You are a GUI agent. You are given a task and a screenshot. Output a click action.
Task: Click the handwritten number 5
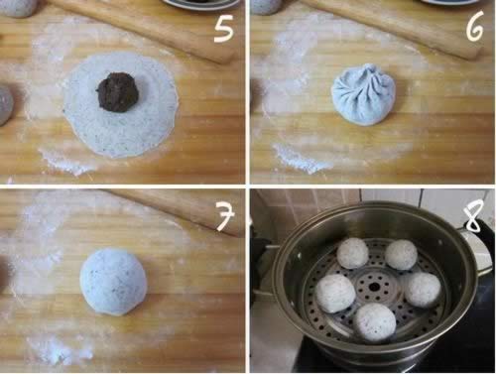[x=223, y=29]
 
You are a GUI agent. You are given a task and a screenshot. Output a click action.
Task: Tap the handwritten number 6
[x=474, y=27]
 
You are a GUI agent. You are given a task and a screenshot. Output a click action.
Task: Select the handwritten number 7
[x=225, y=215]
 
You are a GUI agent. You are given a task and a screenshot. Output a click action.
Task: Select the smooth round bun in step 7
[x=113, y=282]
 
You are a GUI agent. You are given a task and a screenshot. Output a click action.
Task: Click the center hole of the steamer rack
[x=374, y=287]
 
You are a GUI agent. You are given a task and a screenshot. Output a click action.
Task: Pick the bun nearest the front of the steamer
[x=375, y=322]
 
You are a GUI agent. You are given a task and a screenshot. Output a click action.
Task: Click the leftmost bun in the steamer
[x=335, y=293]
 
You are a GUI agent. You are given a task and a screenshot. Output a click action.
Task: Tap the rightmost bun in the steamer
[x=423, y=290]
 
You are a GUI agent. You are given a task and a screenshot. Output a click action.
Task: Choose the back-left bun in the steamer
[x=353, y=253]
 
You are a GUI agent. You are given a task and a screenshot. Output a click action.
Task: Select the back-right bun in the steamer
[x=401, y=254]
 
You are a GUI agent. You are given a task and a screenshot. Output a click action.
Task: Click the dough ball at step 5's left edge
[x=6, y=105]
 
